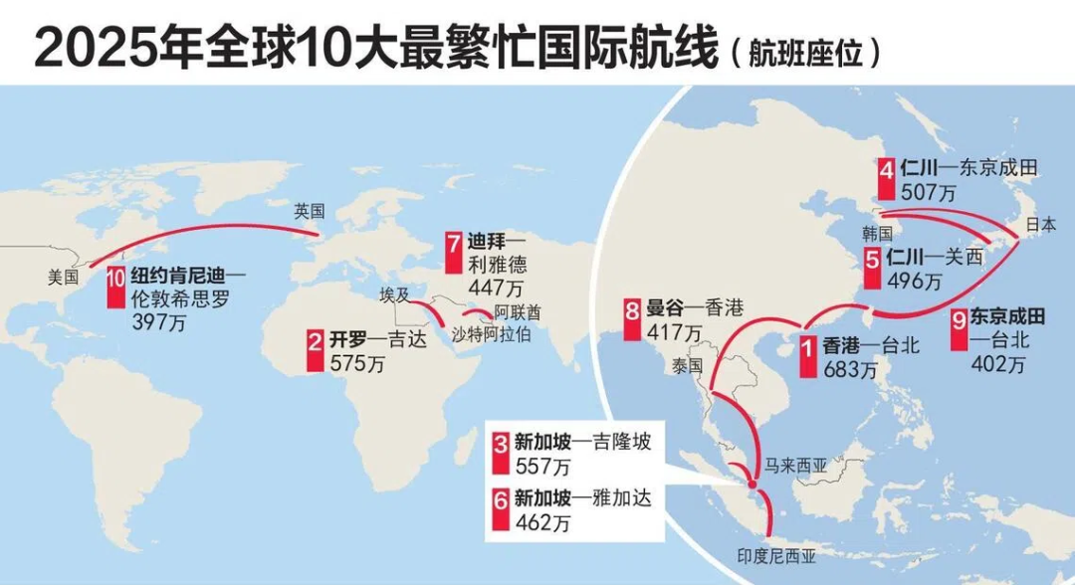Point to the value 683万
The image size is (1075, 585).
(850, 370)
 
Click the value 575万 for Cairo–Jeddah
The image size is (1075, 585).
(358, 364)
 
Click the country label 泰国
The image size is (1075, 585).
(687, 366)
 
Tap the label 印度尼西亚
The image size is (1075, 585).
(776, 557)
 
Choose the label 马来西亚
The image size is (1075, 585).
(796, 463)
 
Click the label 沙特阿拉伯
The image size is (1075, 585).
(491, 333)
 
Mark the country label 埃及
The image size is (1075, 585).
(394, 295)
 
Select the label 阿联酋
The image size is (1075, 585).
(520, 311)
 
